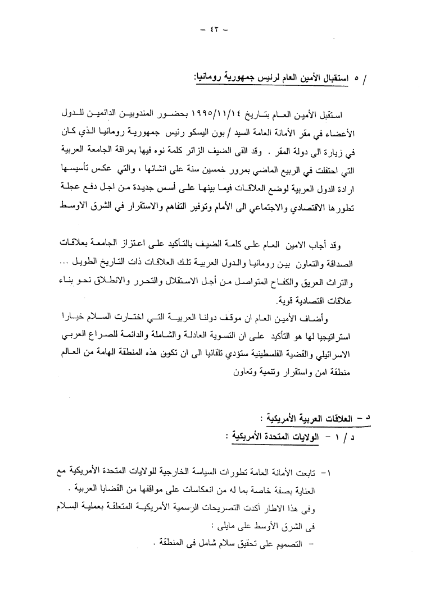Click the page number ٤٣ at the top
213,30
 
